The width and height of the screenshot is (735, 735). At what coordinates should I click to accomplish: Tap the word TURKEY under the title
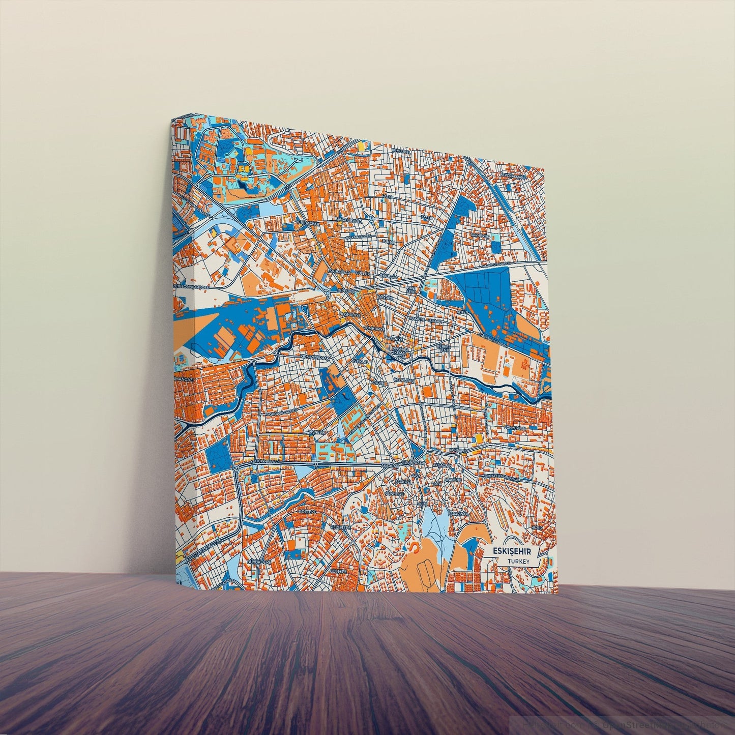(519, 562)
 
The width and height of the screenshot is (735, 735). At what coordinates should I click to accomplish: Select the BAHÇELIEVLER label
(349, 220)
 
